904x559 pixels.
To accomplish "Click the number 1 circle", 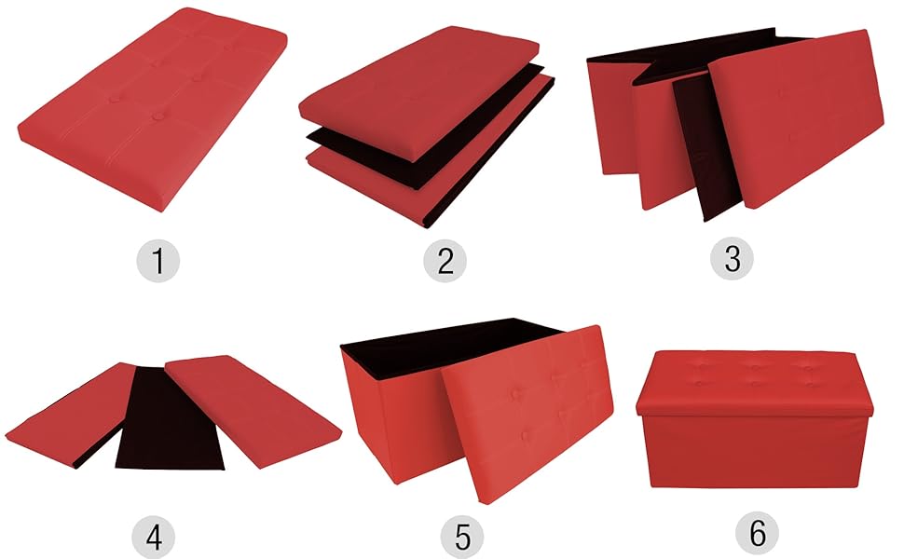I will (159, 261).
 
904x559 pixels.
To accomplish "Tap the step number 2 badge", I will (445, 261).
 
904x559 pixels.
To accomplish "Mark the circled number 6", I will (757, 534).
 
